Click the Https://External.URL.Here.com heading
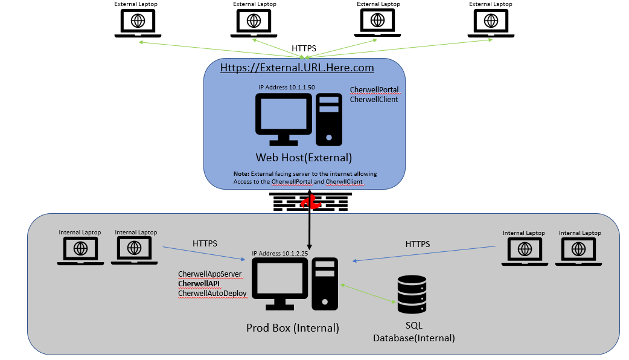(x=297, y=68)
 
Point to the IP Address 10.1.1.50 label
(x=287, y=88)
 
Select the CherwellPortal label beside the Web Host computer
(x=374, y=90)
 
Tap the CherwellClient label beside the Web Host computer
(x=374, y=100)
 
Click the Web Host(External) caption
(x=304, y=158)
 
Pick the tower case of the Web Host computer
(x=330, y=120)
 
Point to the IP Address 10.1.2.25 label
(x=280, y=254)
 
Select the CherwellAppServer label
(x=209, y=274)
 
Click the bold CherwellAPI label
(x=199, y=283)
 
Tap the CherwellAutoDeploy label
(x=212, y=293)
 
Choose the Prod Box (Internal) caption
(x=293, y=328)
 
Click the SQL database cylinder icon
(x=412, y=294)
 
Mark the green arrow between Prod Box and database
(x=368, y=294)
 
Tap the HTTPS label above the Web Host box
(x=304, y=48)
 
